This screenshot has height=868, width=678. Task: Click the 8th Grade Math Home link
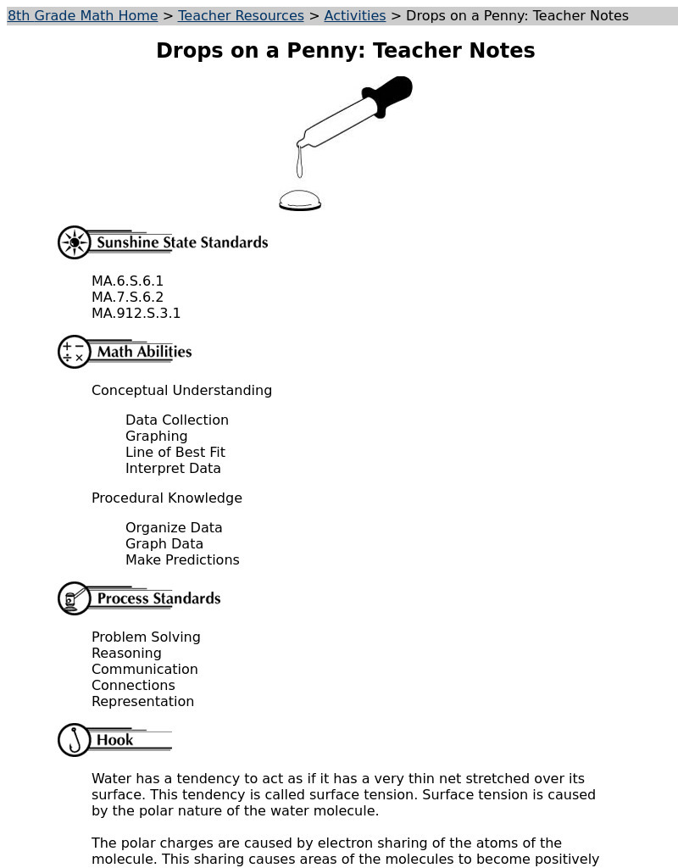point(82,16)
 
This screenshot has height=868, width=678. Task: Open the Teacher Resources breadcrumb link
point(241,16)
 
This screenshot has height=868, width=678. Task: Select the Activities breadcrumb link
point(354,16)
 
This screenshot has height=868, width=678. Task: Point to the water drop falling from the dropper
point(299,164)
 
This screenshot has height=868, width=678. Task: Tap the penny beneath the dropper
point(300,202)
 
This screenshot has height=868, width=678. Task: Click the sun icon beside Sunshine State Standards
point(75,242)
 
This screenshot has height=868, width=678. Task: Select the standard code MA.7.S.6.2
point(127,298)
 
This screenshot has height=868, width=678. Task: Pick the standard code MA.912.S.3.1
point(136,314)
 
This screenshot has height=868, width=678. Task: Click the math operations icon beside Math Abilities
point(75,352)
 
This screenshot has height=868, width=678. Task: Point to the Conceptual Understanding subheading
point(181,391)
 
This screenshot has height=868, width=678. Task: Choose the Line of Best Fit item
point(175,453)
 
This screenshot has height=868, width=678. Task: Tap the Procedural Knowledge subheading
point(167,498)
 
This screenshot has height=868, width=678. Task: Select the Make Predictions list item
point(182,560)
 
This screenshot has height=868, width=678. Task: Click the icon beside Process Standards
point(75,598)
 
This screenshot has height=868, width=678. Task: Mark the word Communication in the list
point(144,670)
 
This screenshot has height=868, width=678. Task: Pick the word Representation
point(142,702)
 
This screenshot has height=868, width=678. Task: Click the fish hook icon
point(75,740)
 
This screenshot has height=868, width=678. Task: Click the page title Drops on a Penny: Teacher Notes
point(345,51)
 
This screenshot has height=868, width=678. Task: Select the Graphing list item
point(156,437)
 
